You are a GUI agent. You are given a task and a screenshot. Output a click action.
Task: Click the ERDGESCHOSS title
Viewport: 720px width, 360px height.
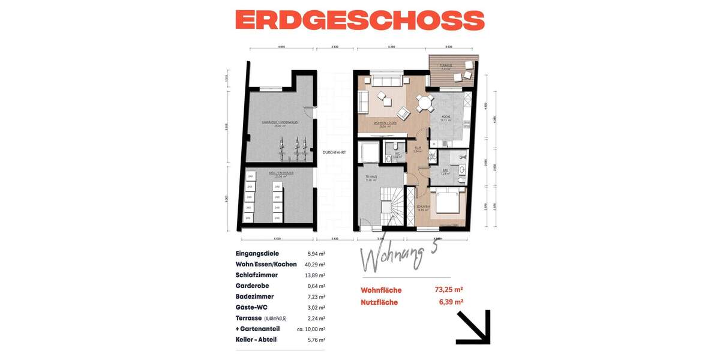359,20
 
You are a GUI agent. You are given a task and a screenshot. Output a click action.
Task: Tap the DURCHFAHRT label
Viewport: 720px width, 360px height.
334,152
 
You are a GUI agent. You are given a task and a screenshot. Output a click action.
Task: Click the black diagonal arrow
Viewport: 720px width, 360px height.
473,327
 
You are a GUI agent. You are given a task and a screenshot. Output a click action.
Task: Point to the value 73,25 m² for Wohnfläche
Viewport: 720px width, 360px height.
448,290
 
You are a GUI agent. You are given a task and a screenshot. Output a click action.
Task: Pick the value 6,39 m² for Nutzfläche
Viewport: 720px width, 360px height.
451,302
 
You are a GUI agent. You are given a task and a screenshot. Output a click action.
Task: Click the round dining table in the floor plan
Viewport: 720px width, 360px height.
425,103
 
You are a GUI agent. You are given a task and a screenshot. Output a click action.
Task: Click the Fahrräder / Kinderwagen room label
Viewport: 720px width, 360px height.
280,123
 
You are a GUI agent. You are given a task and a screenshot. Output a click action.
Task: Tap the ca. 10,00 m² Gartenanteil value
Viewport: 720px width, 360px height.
311,329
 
